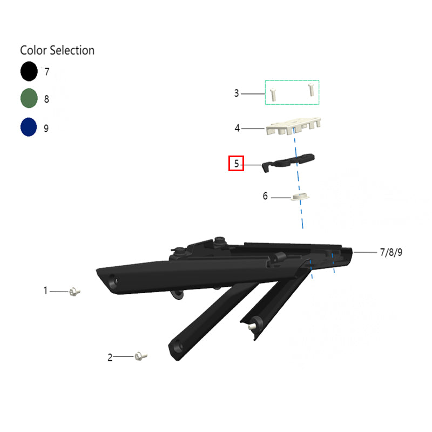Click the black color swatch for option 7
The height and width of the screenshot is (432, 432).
pyautogui.click(x=29, y=71)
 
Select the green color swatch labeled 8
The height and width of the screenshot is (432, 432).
pyautogui.click(x=29, y=98)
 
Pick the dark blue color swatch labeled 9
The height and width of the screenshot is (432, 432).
pyautogui.click(x=29, y=127)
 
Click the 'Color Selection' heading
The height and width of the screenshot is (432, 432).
pyautogui.click(x=57, y=50)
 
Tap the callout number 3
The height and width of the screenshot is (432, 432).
pyautogui.click(x=237, y=93)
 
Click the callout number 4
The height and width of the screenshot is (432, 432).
pyautogui.click(x=237, y=128)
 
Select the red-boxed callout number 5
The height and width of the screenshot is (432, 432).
pyautogui.click(x=237, y=164)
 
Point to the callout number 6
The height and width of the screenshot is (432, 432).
pyautogui.click(x=265, y=196)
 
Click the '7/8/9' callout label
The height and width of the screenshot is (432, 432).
pyautogui.click(x=391, y=252)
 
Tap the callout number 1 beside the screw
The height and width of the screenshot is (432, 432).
pyautogui.click(x=45, y=291)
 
